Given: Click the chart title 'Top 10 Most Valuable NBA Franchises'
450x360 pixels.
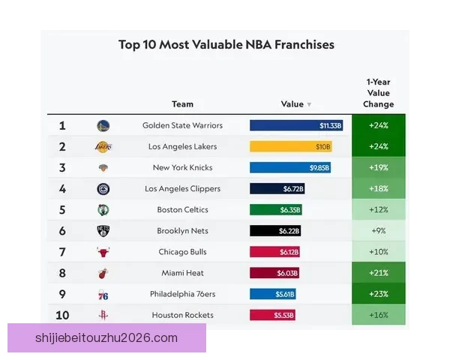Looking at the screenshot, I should point(226,45).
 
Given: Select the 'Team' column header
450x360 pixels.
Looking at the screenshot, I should point(182,104).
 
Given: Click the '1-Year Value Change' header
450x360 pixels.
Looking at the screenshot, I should point(378,93).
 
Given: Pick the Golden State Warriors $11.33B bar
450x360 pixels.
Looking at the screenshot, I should point(296,125).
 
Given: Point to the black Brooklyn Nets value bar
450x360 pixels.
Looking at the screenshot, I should point(275,231).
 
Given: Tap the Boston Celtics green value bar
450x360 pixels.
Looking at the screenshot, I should point(276,210).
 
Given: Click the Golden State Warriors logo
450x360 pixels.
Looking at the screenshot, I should point(103,125).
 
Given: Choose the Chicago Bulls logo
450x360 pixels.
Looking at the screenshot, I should point(103,252).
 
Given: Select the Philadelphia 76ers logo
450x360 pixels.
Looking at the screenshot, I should point(103,294).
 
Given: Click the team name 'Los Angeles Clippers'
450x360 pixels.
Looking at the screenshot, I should point(182,189).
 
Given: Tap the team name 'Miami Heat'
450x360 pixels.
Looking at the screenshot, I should point(182,273).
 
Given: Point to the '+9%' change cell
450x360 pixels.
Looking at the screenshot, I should point(378,231).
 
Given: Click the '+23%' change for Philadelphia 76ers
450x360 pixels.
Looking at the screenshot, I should point(378,294).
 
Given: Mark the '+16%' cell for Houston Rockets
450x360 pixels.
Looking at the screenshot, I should point(378,315).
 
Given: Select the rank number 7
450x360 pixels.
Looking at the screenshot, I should point(62,252).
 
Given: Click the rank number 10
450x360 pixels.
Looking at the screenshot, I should point(62,315).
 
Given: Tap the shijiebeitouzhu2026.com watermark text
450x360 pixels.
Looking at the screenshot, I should point(106,337).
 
